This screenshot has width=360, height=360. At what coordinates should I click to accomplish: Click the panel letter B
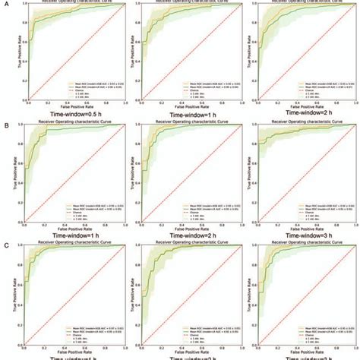pos(7,122)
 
